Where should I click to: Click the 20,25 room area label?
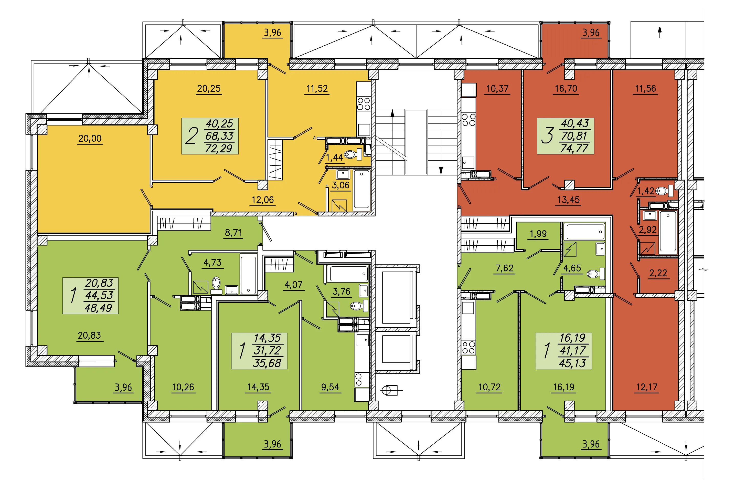(209, 89)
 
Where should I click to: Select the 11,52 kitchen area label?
(317, 89)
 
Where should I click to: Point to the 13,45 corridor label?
(569, 200)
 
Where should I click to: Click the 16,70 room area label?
(566, 89)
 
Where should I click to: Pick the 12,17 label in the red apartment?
(647, 387)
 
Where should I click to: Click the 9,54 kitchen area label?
(330, 387)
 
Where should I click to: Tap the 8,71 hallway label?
(233, 233)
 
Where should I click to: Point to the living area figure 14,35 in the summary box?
(267, 338)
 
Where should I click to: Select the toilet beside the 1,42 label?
(664, 191)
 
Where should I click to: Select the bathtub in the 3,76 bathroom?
(348, 274)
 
